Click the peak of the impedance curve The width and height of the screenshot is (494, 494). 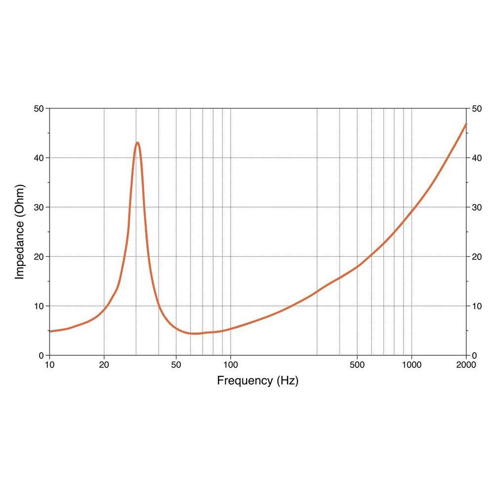[x=137, y=143]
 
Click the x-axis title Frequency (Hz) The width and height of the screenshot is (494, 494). [x=257, y=381]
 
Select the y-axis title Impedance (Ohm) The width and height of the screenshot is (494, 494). [x=20, y=232]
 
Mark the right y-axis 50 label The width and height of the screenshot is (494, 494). [x=476, y=108]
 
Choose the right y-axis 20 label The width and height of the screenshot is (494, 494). [x=476, y=256]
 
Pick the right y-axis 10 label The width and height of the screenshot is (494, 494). [x=476, y=306]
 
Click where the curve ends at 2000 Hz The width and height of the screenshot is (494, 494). [x=466, y=123]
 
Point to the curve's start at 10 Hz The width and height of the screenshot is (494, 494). [x=50, y=331]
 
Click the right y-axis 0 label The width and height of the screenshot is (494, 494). [x=474, y=355]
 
